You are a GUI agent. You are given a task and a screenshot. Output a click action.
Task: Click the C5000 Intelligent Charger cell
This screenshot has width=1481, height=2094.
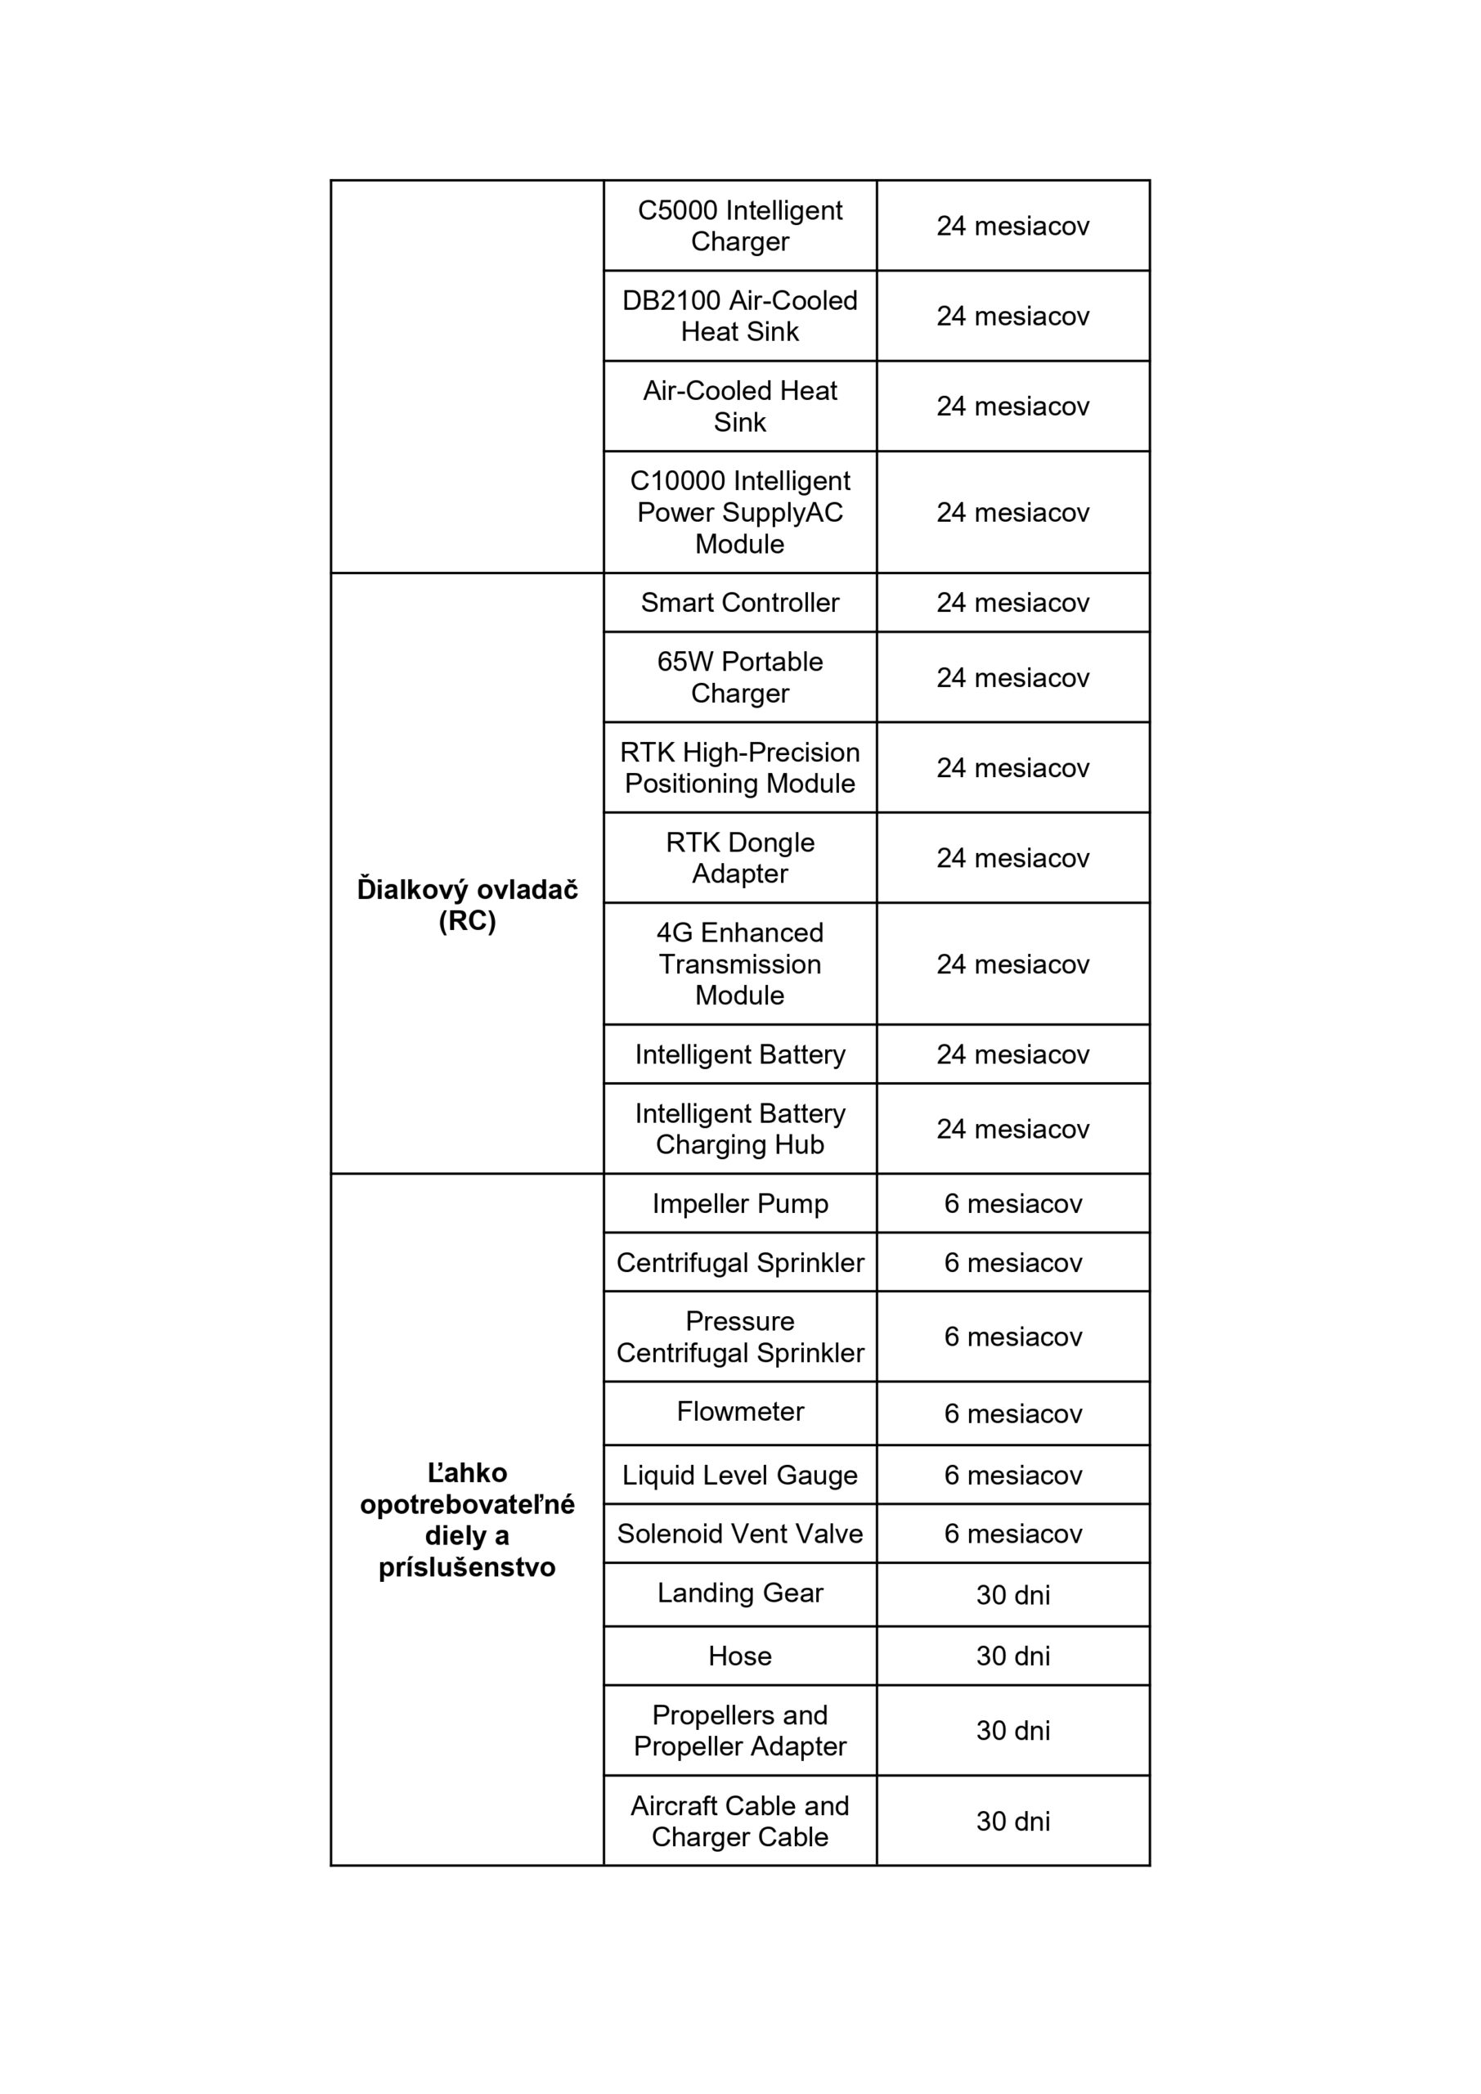tap(739, 225)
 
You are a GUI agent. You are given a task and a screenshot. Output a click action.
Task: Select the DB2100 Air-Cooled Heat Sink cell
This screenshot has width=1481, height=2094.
tap(739, 316)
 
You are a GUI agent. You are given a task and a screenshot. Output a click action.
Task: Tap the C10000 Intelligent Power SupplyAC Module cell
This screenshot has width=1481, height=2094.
tap(739, 512)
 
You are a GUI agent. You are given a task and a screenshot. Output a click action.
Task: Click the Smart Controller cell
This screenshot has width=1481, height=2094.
tap(739, 602)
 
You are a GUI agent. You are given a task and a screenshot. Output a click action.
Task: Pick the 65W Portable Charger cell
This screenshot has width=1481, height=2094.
tap(739, 676)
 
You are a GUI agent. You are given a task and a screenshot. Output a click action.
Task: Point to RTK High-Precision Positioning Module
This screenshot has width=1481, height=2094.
tap(739, 767)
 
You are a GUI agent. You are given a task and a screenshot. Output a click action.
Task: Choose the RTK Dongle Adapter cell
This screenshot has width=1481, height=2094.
tap(739, 857)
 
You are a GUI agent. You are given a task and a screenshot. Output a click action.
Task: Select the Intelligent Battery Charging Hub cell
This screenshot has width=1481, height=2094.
tap(739, 1128)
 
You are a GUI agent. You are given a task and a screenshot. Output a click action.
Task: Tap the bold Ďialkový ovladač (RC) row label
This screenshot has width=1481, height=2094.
tap(467, 905)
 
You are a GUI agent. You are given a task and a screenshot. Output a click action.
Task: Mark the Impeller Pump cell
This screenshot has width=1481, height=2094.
tap(739, 1203)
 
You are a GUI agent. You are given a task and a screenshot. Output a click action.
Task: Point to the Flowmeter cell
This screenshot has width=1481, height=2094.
tap(739, 1411)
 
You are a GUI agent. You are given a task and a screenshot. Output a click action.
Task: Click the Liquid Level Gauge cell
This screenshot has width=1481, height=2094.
tap(739, 1475)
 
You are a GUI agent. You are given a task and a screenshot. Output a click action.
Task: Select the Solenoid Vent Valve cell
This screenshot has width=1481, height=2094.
tap(739, 1533)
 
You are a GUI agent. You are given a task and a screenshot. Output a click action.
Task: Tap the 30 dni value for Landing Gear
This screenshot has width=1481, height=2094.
tap(1012, 1594)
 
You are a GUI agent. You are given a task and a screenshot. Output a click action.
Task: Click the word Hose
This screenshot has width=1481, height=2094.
tap(739, 1656)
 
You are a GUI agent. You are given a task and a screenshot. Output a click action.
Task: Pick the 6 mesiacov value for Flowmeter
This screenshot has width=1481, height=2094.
tap(1012, 1413)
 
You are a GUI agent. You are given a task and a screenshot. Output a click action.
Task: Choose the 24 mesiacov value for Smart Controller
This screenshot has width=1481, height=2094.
tap(1012, 602)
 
